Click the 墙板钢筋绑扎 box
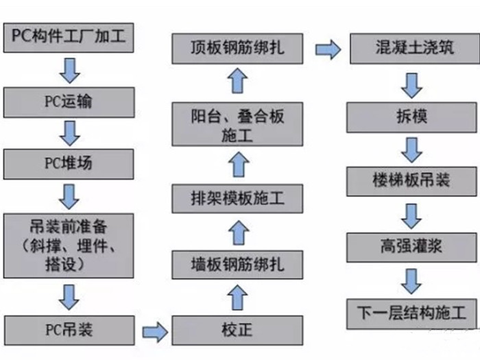pyautogui.click(x=237, y=263)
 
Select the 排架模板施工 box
pyautogui.click(x=237, y=199)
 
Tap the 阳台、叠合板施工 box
pyautogui.click(x=237, y=125)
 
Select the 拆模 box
pyautogui.click(x=410, y=117)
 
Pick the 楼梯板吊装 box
pyautogui.click(x=410, y=180)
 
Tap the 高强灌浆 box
pyautogui.click(x=410, y=245)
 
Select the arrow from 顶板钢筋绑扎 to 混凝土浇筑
pyautogui.click(x=328, y=50)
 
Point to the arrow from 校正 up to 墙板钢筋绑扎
pyautogui.click(x=237, y=297)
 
